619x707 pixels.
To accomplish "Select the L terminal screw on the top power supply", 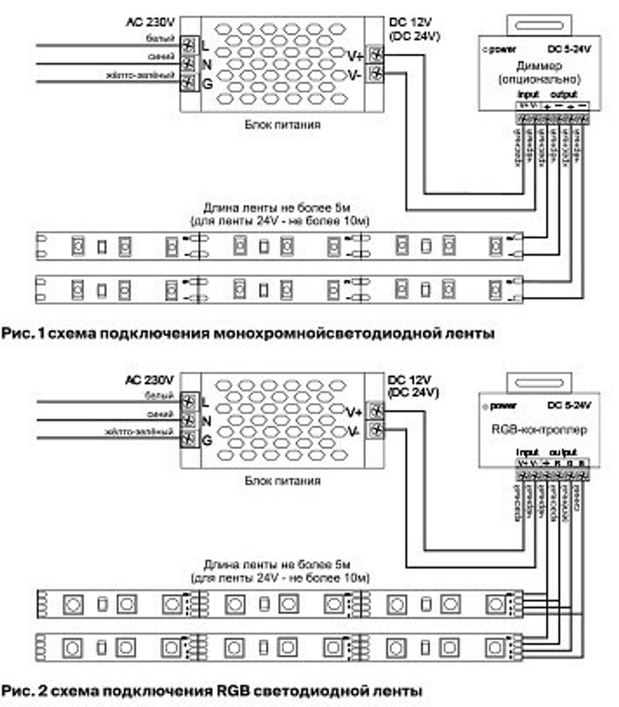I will click(x=189, y=45).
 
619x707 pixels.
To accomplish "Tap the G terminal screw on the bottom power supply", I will click(x=189, y=440).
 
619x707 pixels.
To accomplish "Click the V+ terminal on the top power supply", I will click(x=375, y=55).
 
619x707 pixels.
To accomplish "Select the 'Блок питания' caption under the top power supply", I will click(x=282, y=124).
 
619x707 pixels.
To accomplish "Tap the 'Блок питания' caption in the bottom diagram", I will click(x=282, y=480).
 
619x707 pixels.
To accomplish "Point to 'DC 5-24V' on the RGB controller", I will click(x=569, y=406).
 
